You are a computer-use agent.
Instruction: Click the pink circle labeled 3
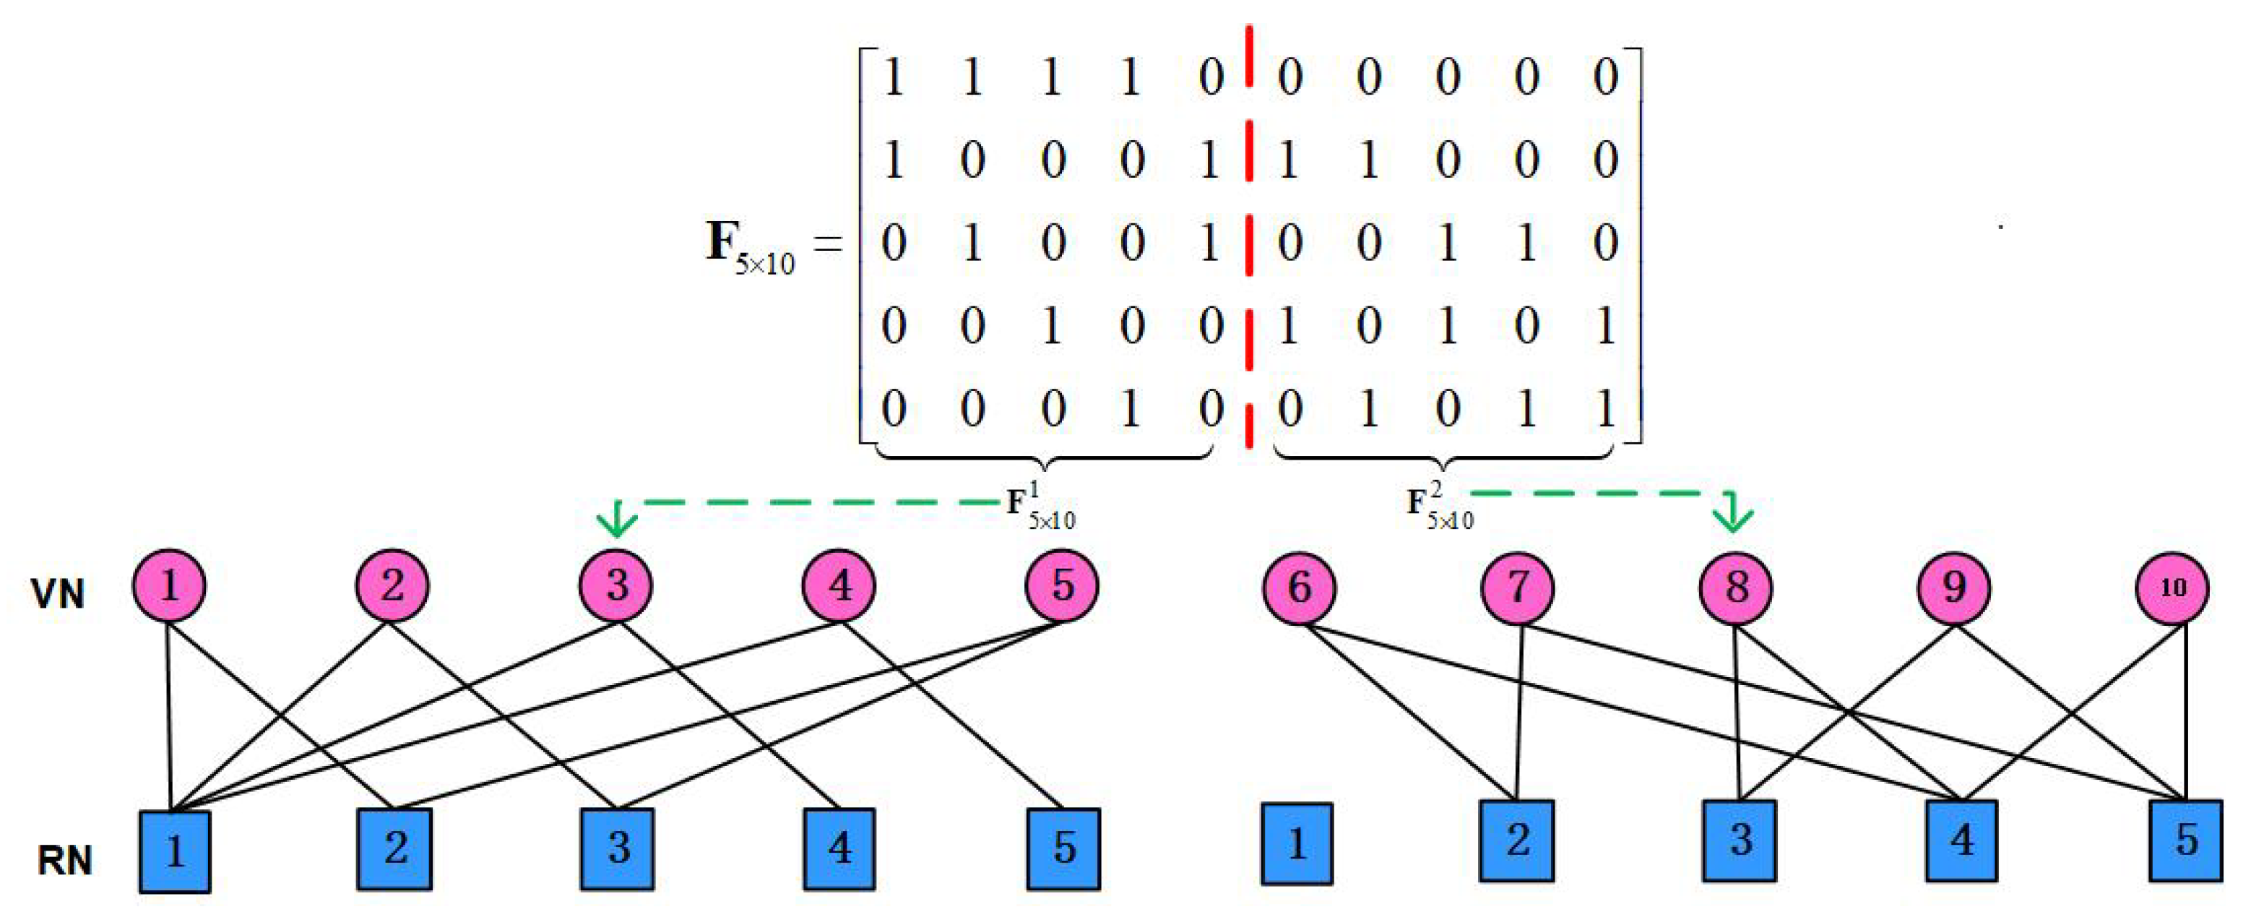(x=617, y=585)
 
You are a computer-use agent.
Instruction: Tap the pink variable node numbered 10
(x=2172, y=588)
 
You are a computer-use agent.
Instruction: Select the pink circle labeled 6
(x=1300, y=587)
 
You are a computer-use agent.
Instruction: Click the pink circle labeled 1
(x=170, y=585)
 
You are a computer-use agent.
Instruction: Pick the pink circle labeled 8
(x=1737, y=587)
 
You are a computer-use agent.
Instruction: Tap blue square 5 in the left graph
(x=1063, y=848)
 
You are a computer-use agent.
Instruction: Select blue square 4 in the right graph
(x=1962, y=840)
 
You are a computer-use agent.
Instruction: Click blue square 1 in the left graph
(x=175, y=851)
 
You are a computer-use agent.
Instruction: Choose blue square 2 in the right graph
(x=1517, y=840)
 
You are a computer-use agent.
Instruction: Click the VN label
(x=58, y=595)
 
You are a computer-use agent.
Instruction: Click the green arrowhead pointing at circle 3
(x=618, y=521)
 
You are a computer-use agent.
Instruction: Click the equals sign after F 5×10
(x=829, y=243)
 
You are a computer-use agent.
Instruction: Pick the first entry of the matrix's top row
(x=893, y=77)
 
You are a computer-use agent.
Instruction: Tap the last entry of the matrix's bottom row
(x=1604, y=408)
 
